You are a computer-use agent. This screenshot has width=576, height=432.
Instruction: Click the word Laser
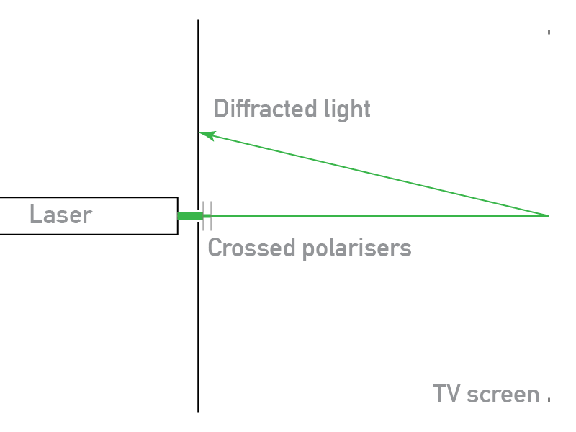[60, 215]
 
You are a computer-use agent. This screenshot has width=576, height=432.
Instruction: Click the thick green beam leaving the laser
[189, 216]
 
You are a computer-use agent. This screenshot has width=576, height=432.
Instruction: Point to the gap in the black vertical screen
[198, 216]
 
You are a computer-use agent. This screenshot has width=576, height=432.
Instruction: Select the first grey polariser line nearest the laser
[204, 215]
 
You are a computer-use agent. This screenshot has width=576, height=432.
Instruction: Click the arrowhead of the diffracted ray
[202, 133]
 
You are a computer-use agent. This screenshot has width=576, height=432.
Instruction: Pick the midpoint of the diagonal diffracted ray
[374, 174]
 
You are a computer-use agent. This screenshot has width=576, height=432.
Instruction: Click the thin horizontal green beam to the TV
[382, 215]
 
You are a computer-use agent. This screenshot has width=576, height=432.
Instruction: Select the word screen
[504, 395]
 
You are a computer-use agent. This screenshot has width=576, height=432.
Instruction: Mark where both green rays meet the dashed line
[549, 215]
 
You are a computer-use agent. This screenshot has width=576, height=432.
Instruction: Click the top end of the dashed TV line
[549, 31]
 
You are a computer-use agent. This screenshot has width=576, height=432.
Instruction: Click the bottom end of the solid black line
[198, 410]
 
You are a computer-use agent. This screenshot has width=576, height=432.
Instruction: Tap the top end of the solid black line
[198, 21]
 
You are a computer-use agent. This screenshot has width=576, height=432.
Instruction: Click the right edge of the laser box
[177, 215]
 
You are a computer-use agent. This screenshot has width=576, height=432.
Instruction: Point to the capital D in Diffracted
[221, 109]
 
